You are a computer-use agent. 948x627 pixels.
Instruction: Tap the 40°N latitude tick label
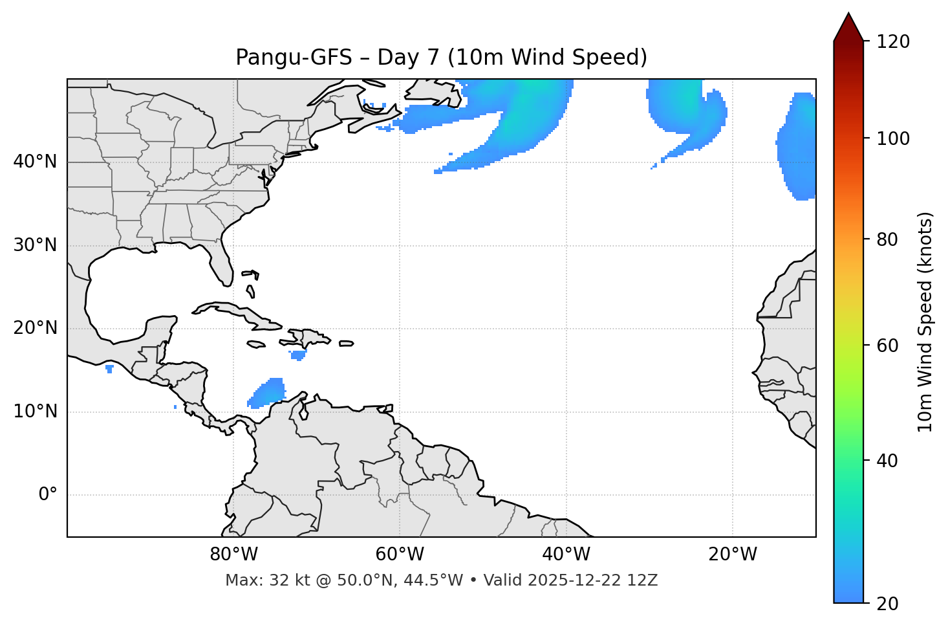(35, 162)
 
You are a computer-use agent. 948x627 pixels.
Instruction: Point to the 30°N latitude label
(35, 245)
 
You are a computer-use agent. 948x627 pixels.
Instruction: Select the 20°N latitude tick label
(35, 328)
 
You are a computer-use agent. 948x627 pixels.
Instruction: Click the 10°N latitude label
(35, 412)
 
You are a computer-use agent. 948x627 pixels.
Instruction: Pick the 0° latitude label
(47, 495)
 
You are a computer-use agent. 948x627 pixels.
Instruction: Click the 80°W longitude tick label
(233, 555)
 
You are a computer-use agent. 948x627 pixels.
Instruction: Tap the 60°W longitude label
(400, 555)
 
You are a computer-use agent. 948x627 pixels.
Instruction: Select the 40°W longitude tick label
(566, 555)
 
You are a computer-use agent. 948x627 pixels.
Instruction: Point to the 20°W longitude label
(733, 555)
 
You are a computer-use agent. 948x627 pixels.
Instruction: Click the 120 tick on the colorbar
(893, 42)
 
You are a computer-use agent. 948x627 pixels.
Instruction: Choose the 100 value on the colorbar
(893, 138)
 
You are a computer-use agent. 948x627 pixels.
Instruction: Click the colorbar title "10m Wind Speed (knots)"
(925, 322)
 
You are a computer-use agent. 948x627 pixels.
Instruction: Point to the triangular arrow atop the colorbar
(848, 28)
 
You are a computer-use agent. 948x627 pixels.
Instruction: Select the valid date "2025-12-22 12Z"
(592, 580)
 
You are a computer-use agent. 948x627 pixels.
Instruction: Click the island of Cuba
(236, 311)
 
